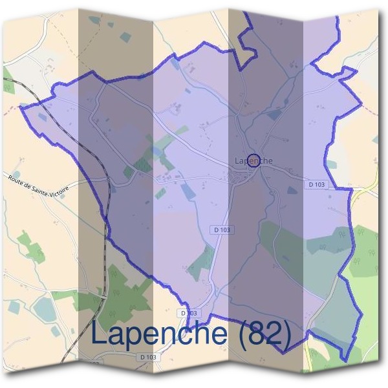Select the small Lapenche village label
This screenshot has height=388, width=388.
pos(253,160)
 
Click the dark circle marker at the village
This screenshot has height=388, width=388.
pos(254,160)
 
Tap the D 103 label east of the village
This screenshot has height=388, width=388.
pos(317,184)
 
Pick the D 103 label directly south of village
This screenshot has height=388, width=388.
pos(222,230)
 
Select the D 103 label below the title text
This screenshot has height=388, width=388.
pos(148,357)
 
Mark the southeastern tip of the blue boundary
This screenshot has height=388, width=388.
pos(347,360)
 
